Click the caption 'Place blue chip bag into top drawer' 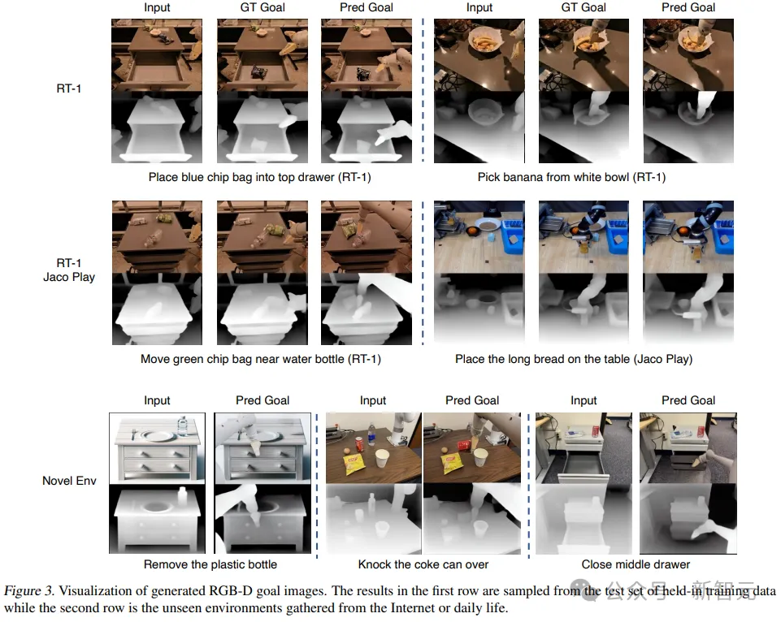259,177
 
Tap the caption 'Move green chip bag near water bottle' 260,358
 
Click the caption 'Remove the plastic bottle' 210,564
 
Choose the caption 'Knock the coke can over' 423,564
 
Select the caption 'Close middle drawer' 636,564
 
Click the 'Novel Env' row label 69,481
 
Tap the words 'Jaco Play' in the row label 69,277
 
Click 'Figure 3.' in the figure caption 29,591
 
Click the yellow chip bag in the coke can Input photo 351,464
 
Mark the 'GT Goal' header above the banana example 584,7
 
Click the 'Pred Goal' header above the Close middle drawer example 688,400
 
